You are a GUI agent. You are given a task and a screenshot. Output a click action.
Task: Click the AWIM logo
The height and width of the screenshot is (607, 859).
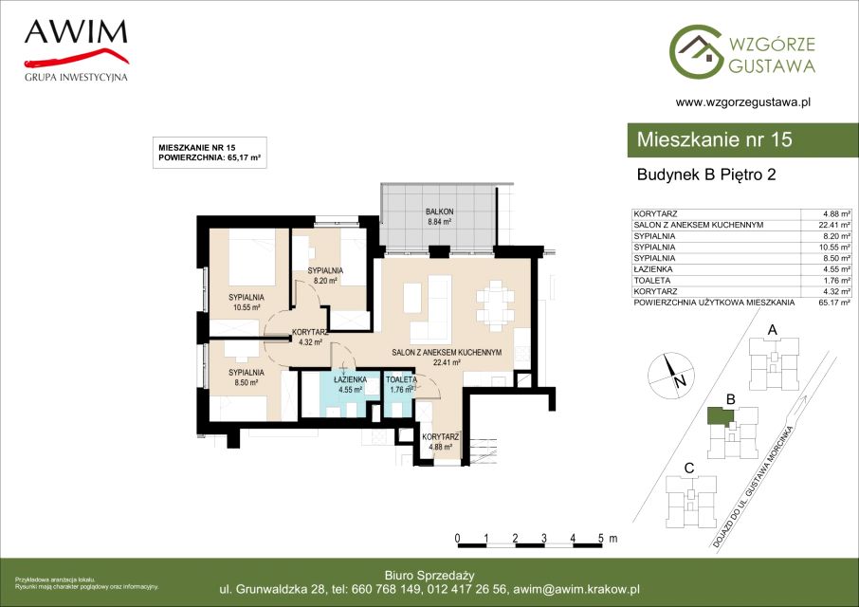76,50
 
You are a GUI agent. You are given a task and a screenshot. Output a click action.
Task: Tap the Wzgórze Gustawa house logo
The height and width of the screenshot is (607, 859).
695,51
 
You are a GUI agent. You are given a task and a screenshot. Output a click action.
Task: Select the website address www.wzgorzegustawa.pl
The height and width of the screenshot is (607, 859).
743,101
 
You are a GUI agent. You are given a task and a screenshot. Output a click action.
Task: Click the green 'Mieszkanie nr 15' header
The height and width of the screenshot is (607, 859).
743,139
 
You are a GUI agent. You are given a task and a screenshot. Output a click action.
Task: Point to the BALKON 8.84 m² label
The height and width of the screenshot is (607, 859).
439,216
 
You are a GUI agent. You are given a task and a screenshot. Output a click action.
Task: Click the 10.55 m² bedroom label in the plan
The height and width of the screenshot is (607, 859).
246,302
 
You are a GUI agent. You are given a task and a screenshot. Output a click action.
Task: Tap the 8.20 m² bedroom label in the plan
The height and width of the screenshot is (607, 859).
325,276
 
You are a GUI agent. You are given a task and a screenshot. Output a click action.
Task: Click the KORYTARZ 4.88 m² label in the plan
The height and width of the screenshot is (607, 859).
441,442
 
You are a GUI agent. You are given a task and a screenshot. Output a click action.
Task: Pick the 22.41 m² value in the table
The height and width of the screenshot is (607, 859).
833,225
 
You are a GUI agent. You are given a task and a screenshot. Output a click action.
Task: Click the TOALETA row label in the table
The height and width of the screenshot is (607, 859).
652,280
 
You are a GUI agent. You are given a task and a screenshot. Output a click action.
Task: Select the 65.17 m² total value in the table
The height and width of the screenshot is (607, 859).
833,303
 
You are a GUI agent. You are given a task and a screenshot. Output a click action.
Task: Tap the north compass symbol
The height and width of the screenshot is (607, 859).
671,376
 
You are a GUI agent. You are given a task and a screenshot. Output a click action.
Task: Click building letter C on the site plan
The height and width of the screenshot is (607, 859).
689,469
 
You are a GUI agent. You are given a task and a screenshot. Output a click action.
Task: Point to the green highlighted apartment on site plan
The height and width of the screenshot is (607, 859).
721,416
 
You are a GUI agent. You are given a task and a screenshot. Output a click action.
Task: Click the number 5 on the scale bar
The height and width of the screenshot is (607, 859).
601,538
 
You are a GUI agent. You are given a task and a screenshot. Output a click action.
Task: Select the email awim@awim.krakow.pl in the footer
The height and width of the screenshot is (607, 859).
576,590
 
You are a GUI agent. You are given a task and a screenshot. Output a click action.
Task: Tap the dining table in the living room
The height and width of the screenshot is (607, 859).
495,305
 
